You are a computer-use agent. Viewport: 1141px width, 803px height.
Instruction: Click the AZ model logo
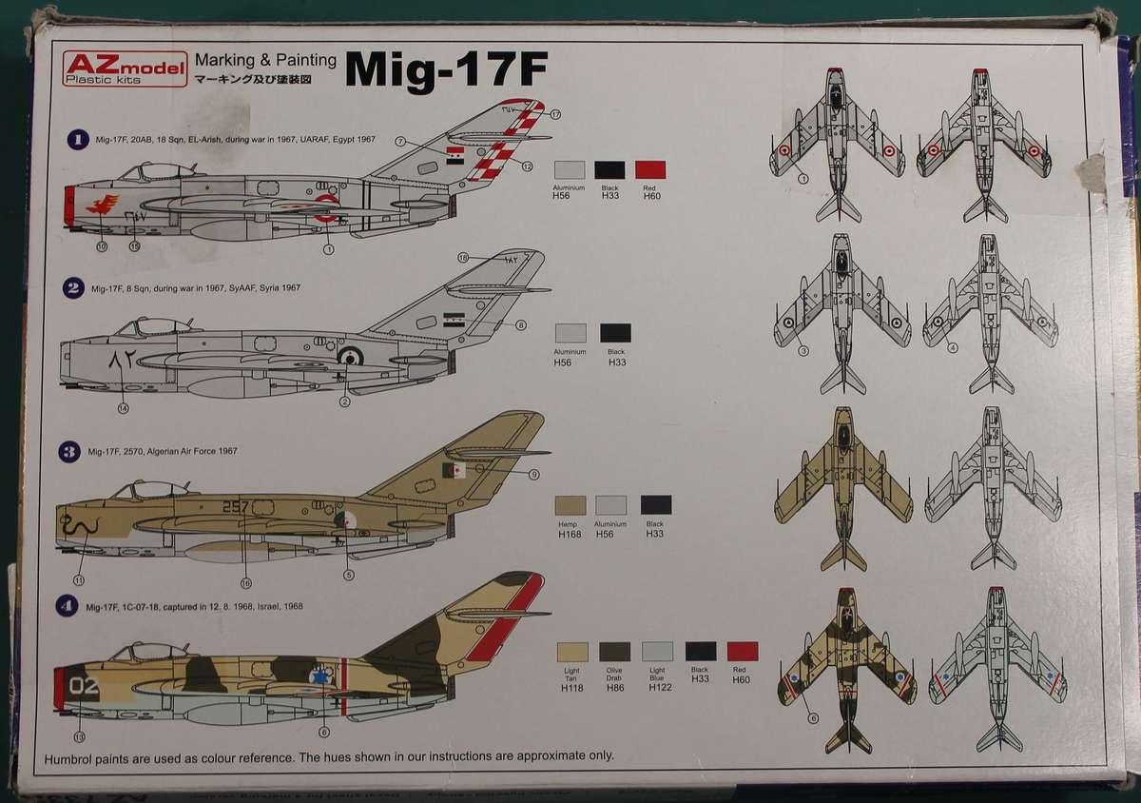(x=125, y=68)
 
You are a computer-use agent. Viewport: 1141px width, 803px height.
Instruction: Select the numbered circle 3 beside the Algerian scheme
(x=68, y=452)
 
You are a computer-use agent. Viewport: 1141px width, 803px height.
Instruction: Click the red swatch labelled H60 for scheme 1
(x=650, y=170)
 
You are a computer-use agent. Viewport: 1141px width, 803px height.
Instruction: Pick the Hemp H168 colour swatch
(x=570, y=505)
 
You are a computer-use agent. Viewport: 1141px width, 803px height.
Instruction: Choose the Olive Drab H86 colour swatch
(x=614, y=652)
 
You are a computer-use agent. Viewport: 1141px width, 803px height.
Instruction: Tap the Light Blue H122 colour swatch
(x=657, y=652)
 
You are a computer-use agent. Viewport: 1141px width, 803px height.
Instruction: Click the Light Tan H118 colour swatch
(x=571, y=652)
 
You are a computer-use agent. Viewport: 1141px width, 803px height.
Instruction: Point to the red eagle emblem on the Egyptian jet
(x=103, y=204)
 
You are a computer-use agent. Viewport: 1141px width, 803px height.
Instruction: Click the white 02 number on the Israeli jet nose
(x=84, y=683)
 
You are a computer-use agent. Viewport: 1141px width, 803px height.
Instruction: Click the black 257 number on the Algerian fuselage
(x=234, y=507)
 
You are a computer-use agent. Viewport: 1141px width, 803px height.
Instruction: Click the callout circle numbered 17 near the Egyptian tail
(x=555, y=114)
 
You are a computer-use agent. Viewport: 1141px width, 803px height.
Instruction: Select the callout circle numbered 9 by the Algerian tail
(x=533, y=475)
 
